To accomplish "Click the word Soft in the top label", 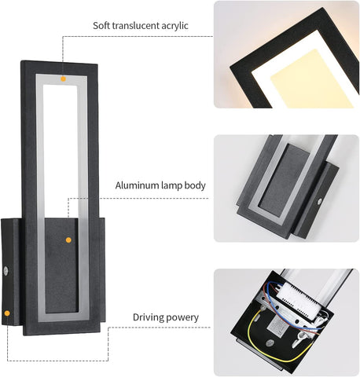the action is coord(99,26).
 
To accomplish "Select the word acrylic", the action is coord(174,26).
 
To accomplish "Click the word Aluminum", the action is coord(137,185).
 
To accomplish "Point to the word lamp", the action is coord(171,186).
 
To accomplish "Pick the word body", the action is coord(195,185).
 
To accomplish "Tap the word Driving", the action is coord(149,317).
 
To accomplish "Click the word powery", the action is coord(182,318).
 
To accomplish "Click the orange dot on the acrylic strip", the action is coord(63,79).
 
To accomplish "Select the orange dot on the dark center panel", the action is coord(68,240).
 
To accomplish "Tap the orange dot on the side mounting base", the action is coord(7,313).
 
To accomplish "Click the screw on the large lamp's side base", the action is coord(6,271).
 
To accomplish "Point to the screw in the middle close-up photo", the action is coord(319,202).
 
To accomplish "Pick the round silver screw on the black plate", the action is coord(269,343).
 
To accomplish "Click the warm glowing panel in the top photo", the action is coord(312,79).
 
